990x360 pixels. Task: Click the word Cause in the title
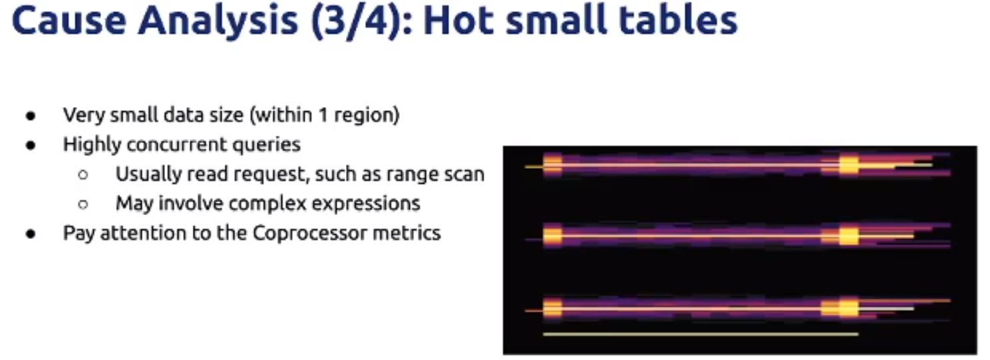[x=69, y=21]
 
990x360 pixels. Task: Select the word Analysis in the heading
[x=218, y=22]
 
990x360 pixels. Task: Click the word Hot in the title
[x=458, y=21]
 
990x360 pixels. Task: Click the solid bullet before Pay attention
[x=31, y=234]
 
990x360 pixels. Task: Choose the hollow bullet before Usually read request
[x=82, y=175]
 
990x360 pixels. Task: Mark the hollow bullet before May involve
[x=82, y=204]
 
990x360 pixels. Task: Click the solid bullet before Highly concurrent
[x=31, y=146]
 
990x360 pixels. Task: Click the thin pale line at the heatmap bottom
[x=701, y=334]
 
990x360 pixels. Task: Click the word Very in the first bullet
[x=84, y=115]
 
